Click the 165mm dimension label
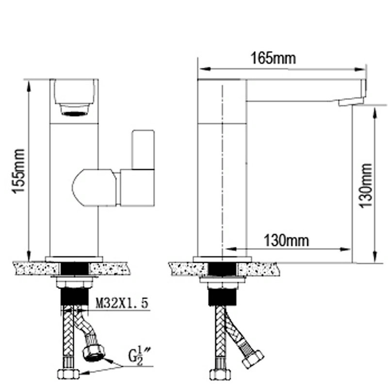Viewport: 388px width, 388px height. coord(273,58)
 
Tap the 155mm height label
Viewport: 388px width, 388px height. coord(18,171)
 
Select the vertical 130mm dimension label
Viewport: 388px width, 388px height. coord(366,186)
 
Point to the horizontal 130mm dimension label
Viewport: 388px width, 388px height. coord(287,241)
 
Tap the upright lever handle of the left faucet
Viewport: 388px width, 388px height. coord(143,150)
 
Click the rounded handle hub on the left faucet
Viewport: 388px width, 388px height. coord(94,188)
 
